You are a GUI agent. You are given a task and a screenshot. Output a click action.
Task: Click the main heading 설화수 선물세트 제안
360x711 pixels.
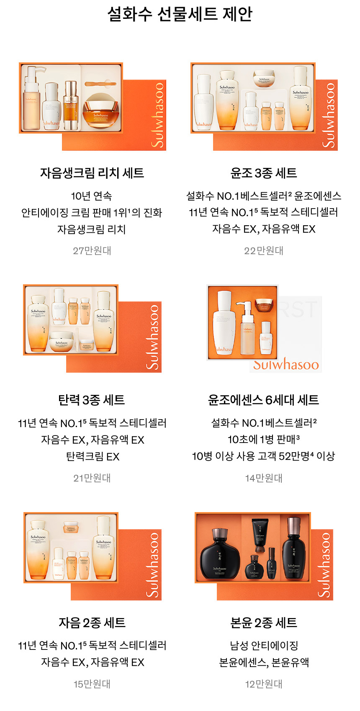pos(180,14)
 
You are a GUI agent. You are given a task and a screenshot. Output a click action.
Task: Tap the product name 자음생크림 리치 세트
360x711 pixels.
pos(92,173)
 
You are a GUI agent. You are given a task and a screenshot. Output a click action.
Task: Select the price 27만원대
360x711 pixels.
pos(92,250)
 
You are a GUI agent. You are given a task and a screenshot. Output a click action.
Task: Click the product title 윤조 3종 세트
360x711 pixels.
pos(264,173)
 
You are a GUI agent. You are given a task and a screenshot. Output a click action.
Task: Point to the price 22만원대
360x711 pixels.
pos(264,250)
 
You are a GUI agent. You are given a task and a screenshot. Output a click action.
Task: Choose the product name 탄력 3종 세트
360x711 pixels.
pos(92,400)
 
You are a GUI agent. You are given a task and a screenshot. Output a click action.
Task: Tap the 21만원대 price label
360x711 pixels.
pos(92,478)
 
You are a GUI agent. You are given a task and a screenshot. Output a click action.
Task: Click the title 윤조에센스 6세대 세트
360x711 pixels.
pos(264,400)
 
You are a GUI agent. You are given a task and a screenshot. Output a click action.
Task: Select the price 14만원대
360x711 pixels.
pos(264,478)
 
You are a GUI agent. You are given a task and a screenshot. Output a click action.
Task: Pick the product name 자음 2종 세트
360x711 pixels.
pos(92,623)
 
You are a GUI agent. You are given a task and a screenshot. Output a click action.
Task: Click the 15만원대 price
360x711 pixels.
pos(92,684)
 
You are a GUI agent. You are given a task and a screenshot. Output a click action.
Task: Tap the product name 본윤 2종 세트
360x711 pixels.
pos(264,623)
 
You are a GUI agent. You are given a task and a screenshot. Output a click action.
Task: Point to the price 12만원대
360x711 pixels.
pos(264,684)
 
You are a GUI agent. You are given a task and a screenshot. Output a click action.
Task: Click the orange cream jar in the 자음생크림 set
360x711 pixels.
pos(100,113)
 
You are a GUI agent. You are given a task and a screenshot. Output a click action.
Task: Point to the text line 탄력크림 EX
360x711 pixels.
pos(93,456)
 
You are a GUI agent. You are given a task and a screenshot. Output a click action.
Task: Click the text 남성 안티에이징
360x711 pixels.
pos(264,646)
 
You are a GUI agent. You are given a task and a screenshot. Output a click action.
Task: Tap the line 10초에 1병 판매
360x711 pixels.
pos(264,439)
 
